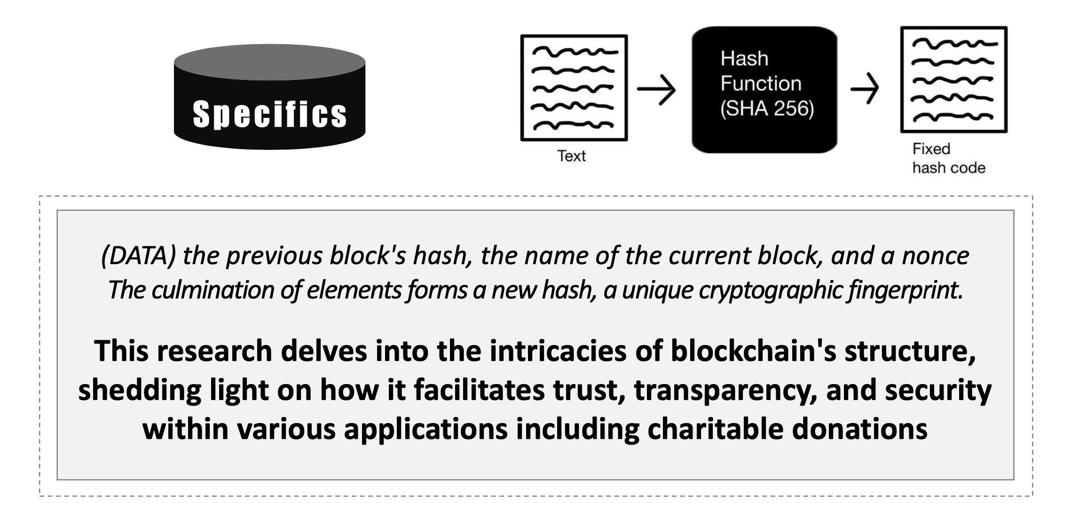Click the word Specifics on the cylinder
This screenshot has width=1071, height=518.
(269, 114)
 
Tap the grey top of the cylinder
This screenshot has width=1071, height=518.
(269, 62)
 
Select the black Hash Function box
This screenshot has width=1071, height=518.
(764, 89)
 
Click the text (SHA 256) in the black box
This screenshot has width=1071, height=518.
(767, 109)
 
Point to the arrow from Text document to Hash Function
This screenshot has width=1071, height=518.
(656, 89)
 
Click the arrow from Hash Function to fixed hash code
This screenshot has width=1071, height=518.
(865, 88)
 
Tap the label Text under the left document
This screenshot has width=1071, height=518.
(571, 156)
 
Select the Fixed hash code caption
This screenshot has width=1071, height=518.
(948, 158)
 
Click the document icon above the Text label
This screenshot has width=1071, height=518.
(574, 87)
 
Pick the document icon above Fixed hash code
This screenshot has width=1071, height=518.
(953, 79)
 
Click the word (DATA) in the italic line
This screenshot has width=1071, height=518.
(139, 256)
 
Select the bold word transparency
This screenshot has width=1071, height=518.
(726, 391)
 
